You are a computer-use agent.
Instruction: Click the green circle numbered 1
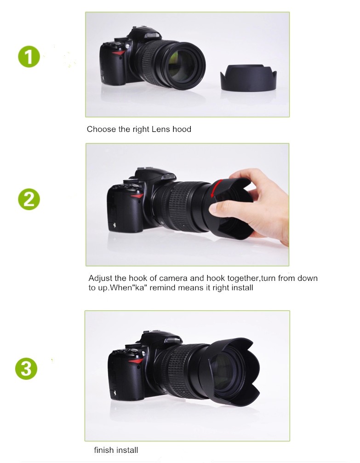(29, 57)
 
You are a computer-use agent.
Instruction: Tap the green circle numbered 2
(29, 200)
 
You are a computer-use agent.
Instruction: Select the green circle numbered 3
(26, 368)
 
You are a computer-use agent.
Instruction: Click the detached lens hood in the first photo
(248, 78)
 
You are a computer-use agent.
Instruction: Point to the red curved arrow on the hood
(216, 189)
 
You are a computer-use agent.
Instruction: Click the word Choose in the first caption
(102, 129)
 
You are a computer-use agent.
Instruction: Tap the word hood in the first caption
(182, 129)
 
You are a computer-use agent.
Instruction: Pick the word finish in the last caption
(103, 450)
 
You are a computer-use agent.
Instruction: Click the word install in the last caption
(127, 450)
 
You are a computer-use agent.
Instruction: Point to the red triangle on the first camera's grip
(119, 53)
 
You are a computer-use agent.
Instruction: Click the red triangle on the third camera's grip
(136, 361)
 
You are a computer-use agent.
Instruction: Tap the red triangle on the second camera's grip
(137, 196)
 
